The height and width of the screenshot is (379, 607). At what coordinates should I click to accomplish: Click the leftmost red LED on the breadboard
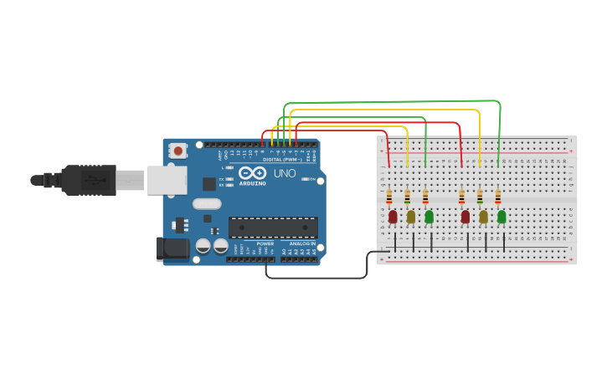pos(392,217)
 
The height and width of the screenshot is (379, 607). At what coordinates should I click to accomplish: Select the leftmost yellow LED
pos(410,217)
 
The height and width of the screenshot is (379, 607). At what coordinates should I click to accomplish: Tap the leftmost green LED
pos(429,217)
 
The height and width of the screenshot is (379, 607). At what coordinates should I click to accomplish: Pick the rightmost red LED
pos(465,217)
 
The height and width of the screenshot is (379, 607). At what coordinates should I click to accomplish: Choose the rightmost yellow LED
pos(483,217)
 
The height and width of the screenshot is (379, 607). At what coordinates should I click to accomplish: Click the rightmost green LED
pos(502,217)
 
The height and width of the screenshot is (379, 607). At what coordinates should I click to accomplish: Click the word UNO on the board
pos(285,174)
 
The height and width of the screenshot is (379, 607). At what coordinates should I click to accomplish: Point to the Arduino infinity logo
pos(252,173)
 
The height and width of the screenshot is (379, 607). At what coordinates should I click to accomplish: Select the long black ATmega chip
pos(273,227)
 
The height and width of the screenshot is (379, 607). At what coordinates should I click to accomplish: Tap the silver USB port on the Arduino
pos(167,180)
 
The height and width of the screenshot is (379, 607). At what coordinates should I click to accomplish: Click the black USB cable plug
pos(89,180)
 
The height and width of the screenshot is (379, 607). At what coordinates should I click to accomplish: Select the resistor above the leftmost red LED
pos(389,197)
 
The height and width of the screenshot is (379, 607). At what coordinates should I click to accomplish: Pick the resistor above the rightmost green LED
pos(498,197)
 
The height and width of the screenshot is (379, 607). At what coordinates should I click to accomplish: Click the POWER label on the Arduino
pos(265,243)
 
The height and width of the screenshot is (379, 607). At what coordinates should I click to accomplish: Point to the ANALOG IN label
pos(302,243)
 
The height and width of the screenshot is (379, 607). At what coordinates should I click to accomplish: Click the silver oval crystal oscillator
pos(207,203)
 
